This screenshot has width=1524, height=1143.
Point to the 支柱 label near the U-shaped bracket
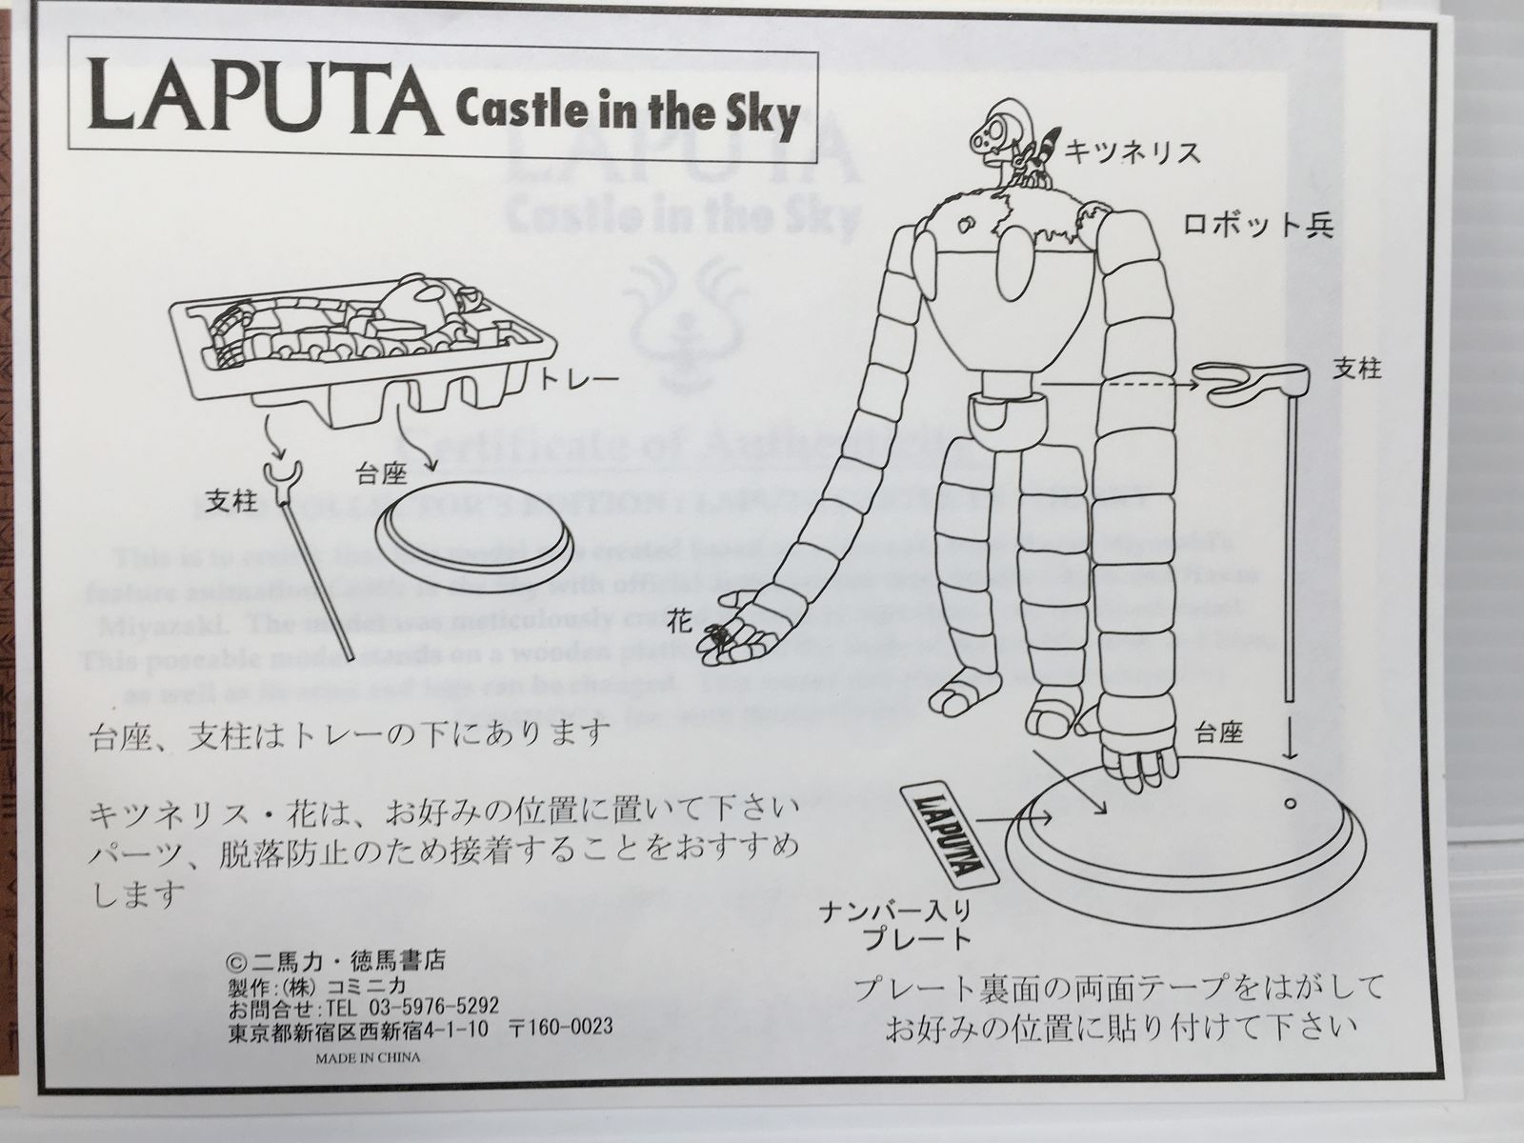1355,370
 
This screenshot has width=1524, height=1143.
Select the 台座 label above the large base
1220,732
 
